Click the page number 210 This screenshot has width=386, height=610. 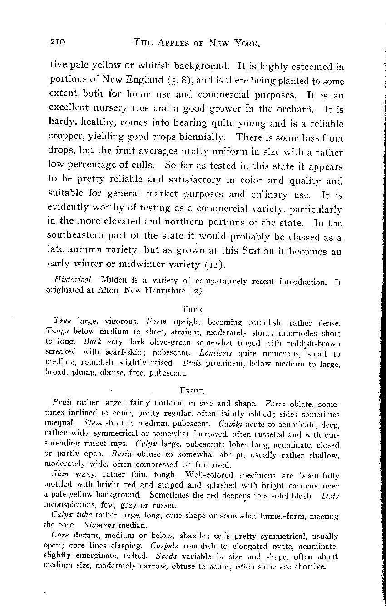pos(58,42)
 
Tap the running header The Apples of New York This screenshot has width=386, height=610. pos(197,43)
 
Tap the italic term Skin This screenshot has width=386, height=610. pos(61,474)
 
